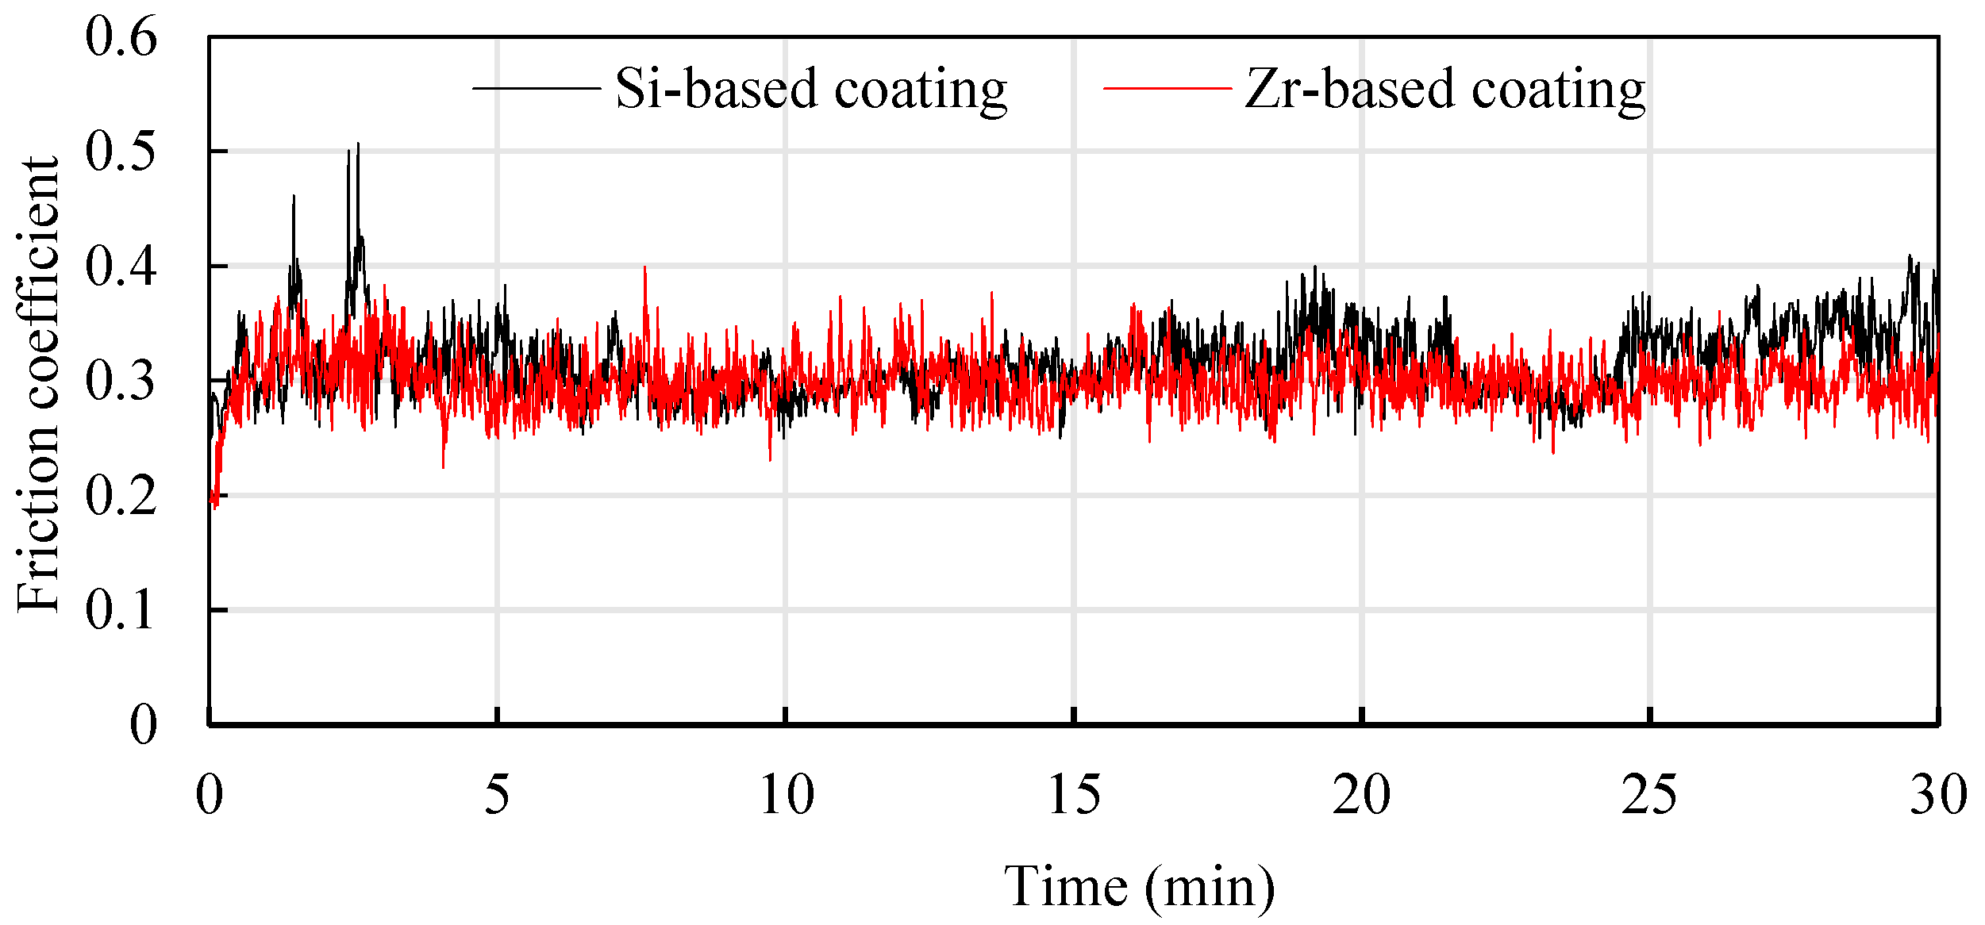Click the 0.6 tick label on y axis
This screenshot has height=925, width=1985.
coord(121,37)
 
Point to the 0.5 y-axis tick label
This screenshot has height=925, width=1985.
coord(121,152)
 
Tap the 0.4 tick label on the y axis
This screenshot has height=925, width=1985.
coord(121,267)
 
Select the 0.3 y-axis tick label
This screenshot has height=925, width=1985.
coord(121,382)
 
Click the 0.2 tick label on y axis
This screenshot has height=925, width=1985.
coord(121,497)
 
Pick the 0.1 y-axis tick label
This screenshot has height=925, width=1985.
coord(121,611)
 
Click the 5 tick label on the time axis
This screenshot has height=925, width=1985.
coord(497,794)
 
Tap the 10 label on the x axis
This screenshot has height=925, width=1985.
coord(786,794)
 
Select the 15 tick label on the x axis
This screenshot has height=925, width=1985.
coord(1074,794)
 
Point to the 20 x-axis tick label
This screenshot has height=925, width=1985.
coord(1362,794)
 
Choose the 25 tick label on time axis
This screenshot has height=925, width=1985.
coord(1650,794)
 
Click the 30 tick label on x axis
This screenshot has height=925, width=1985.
coord(1937,794)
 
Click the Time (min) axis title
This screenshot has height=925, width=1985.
coord(1140,887)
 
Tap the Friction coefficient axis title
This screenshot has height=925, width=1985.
coord(38,384)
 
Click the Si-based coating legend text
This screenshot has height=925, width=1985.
coord(811,89)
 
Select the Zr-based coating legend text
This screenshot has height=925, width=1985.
coord(1445,89)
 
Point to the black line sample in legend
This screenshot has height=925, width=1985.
coord(536,88)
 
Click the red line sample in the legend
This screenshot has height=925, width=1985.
coord(1167,88)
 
